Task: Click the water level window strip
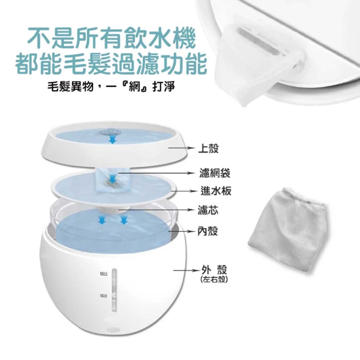point(114,290)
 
